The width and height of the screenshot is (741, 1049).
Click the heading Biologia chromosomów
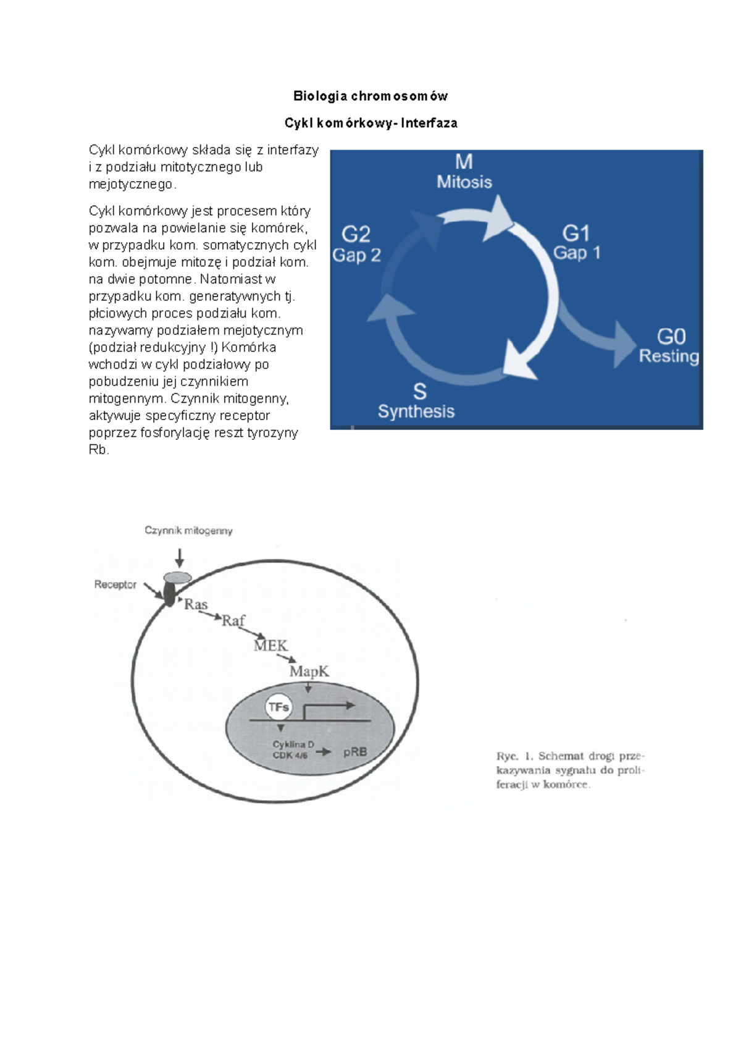[371, 96]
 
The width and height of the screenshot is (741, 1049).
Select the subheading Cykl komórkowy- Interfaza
[371, 123]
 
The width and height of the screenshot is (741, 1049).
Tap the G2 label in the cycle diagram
[356, 234]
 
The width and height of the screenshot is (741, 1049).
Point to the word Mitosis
[464, 182]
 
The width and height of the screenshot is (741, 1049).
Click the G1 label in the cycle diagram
[576, 233]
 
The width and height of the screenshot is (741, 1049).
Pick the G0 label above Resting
[671, 337]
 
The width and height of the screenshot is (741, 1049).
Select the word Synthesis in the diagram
[416, 411]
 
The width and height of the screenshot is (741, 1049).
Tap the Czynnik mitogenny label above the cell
[188, 531]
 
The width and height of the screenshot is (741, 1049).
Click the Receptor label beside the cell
[115, 584]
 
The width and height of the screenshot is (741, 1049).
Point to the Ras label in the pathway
[196, 604]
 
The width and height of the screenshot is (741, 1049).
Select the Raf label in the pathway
[233, 620]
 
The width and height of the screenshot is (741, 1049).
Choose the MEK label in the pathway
[270, 646]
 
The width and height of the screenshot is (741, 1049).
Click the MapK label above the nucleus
[309, 672]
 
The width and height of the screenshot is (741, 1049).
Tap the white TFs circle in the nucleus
[278, 707]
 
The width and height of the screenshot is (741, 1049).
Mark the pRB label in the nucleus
[355, 752]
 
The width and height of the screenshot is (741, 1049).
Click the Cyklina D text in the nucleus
[293, 744]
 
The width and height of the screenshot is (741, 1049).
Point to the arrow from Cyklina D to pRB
[324, 752]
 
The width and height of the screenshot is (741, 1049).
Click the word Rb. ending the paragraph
[98, 450]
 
